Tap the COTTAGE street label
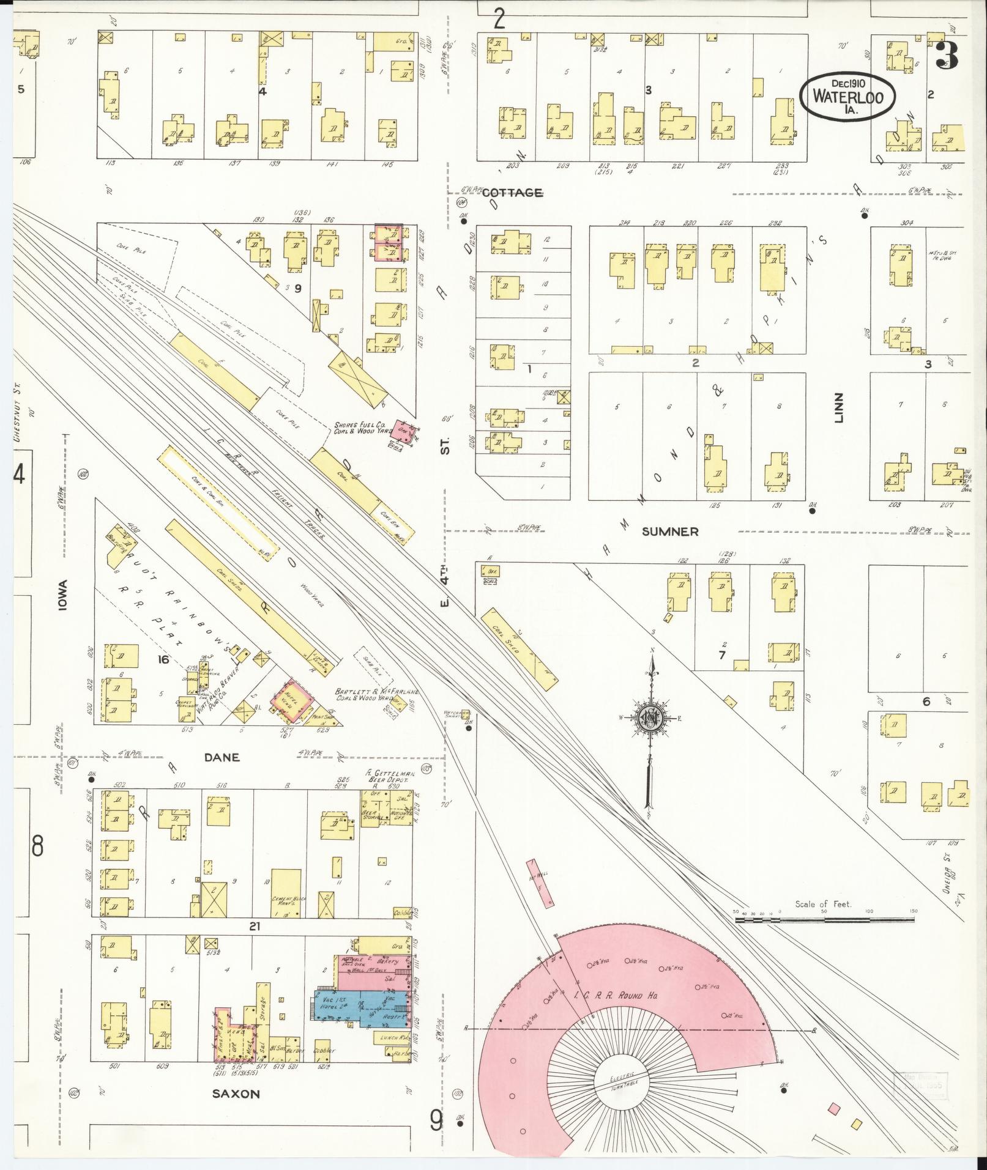[512, 193]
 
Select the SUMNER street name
[670, 531]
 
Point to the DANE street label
[222, 757]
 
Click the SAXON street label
[236, 1094]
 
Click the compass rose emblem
[652, 718]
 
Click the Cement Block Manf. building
[286, 893]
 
